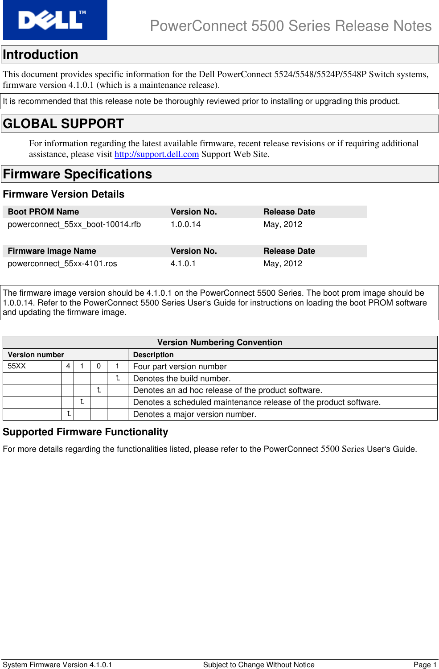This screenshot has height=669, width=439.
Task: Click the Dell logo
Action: click(x=55, y=20)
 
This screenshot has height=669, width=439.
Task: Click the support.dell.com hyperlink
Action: click(x=156, y=154)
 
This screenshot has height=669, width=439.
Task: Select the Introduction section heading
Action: click(x=41, y=55)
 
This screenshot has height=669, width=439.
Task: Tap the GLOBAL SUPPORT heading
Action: click(x=63, y=124)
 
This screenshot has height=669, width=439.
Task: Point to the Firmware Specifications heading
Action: click(x=78, y=174)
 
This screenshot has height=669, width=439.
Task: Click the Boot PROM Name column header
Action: click(x=43, y=212)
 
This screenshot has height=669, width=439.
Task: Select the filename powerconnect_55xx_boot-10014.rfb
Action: click(x=74, y=224)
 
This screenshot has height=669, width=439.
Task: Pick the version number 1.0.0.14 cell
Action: click(x=185, y=224)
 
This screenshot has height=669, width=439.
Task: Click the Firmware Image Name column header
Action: click(x=52, y=251)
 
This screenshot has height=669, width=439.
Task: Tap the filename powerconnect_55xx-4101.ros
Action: click(x=62, y=264)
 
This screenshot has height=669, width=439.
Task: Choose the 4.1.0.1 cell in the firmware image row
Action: click(x=183, y=264)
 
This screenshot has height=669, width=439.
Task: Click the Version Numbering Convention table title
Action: click(x=220, y=343)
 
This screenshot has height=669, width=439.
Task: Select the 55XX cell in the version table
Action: click(x=17, y=366)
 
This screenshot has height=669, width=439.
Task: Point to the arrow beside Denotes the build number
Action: click(x=118, y=378)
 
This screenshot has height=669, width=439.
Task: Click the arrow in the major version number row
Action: click(x=69, y=414)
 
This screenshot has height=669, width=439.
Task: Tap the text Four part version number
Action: click(x=180, y=367)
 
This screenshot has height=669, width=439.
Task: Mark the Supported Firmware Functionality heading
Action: click(x=86, y=432)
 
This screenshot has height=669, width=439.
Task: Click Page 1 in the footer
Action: click(x=425, y=665)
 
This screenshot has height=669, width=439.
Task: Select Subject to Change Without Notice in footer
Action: click(x=258, y=665)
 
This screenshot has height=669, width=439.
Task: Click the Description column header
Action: click(x=153, y=355)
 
